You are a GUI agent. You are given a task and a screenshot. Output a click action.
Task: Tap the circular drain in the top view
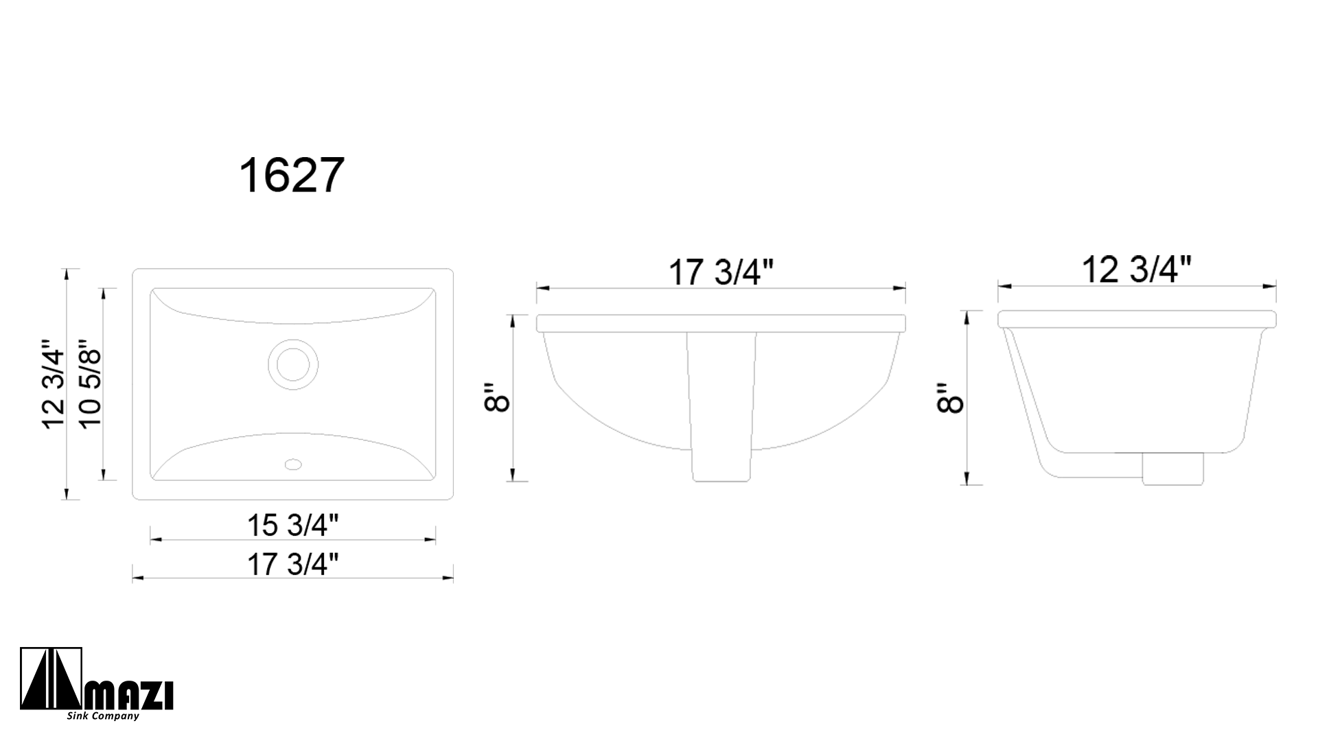293,361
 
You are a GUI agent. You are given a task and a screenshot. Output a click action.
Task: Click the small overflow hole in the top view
293,464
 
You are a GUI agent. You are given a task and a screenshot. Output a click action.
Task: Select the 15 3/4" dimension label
293,526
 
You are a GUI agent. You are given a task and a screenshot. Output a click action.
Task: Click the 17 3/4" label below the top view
293,565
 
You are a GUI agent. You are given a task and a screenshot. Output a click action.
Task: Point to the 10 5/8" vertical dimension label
90,384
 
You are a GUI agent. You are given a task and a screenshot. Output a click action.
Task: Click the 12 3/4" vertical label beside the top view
54,384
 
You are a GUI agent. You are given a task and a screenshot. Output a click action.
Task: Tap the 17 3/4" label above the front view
721,273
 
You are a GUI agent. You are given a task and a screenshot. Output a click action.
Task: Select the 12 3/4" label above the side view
1136,270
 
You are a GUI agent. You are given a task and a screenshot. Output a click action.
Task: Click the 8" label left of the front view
497,398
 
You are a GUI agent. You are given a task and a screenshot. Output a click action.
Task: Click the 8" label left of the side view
951,398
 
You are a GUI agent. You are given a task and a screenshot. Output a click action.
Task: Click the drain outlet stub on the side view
1172,469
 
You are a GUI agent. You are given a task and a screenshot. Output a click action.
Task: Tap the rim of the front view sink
721,323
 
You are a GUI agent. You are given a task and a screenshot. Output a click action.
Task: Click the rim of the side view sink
1136,319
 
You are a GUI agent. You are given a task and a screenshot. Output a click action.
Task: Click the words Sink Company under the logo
103,716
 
